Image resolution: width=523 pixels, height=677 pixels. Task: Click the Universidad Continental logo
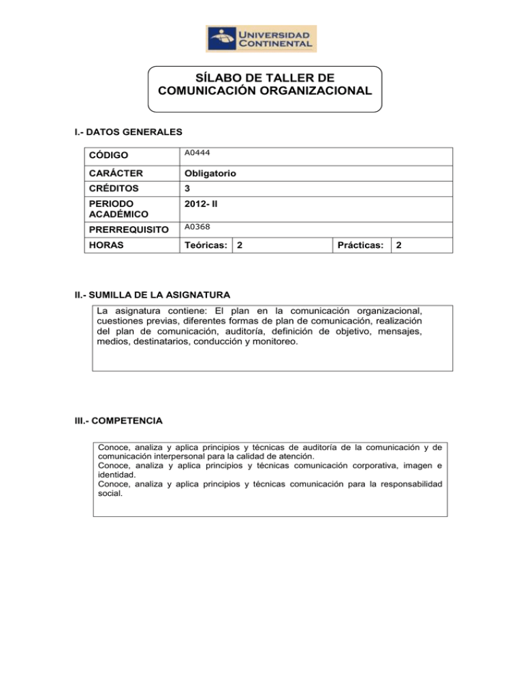[261, 38]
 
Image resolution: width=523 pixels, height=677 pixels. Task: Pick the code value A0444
[193, 155]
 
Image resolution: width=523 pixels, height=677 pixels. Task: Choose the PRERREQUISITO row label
[126, 230]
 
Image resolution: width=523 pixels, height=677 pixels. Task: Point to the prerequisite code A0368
[193, 229]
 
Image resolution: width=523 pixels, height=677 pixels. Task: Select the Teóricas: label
[204, 245]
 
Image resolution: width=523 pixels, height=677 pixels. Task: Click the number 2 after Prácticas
[399, 245]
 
